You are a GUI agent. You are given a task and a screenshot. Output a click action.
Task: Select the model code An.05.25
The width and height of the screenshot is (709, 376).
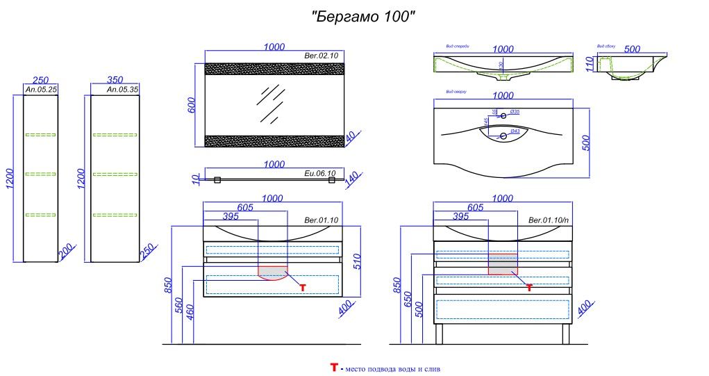[x=40, y=90]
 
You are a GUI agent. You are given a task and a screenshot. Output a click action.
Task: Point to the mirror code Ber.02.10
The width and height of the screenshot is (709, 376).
[x=321, y=56]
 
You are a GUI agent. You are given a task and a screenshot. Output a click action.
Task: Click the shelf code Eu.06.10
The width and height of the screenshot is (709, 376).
[x=320, y=173]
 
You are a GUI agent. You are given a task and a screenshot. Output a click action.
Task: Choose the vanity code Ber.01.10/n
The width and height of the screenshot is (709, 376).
[x=549, y=220]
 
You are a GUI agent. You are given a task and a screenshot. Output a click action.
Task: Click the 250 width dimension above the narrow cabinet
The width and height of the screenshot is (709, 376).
[x=40, y=81]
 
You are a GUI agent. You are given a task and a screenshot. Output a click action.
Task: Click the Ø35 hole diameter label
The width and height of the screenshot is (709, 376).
[x=515, y=111]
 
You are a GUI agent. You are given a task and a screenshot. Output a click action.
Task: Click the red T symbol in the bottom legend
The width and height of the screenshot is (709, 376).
[x=333, y=367]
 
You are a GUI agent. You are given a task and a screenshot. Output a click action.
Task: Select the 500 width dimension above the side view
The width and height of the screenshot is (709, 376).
[x=632, y=49]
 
